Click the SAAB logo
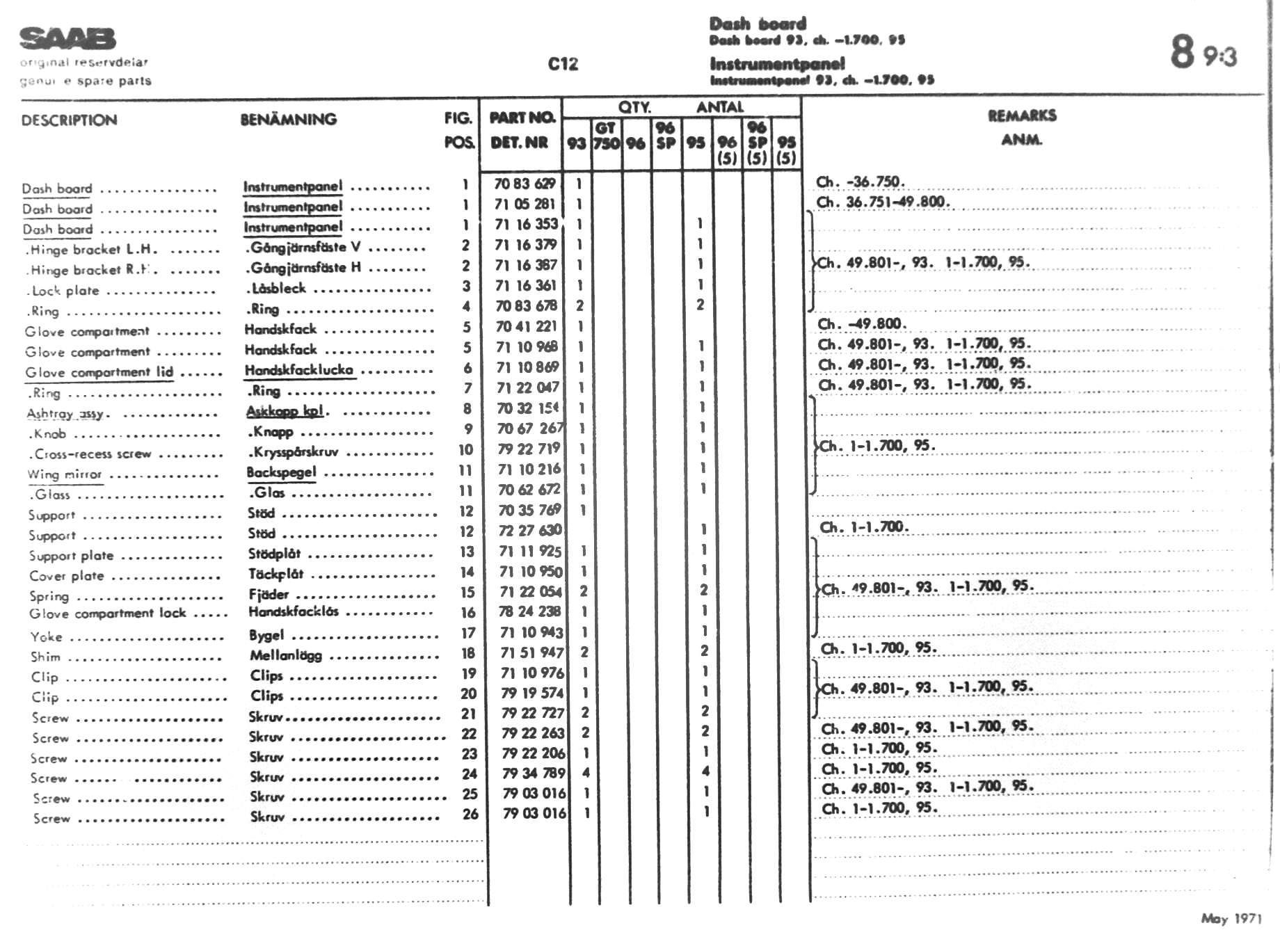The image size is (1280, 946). [67, 39]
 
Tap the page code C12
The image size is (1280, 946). [563, 64]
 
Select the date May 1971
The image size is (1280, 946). [1231, 919]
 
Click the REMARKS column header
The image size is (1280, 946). [1022, 115]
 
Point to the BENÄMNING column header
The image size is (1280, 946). [288, 120]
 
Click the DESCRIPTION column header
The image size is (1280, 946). [69, 120]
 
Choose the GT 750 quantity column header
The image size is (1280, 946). [605, 136]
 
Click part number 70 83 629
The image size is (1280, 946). [525, 184]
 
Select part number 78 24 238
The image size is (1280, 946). [529, 611]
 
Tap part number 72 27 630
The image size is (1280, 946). [529, 530]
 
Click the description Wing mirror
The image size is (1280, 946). [64, 474]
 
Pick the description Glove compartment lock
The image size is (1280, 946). [107, 614]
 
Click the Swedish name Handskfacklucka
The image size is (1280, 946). [298, 370]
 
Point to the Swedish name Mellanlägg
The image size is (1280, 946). [286, 655]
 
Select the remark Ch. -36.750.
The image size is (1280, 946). [860, 182]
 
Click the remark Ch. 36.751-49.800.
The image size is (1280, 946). [883, 202]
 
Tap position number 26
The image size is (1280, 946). [470, 814]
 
